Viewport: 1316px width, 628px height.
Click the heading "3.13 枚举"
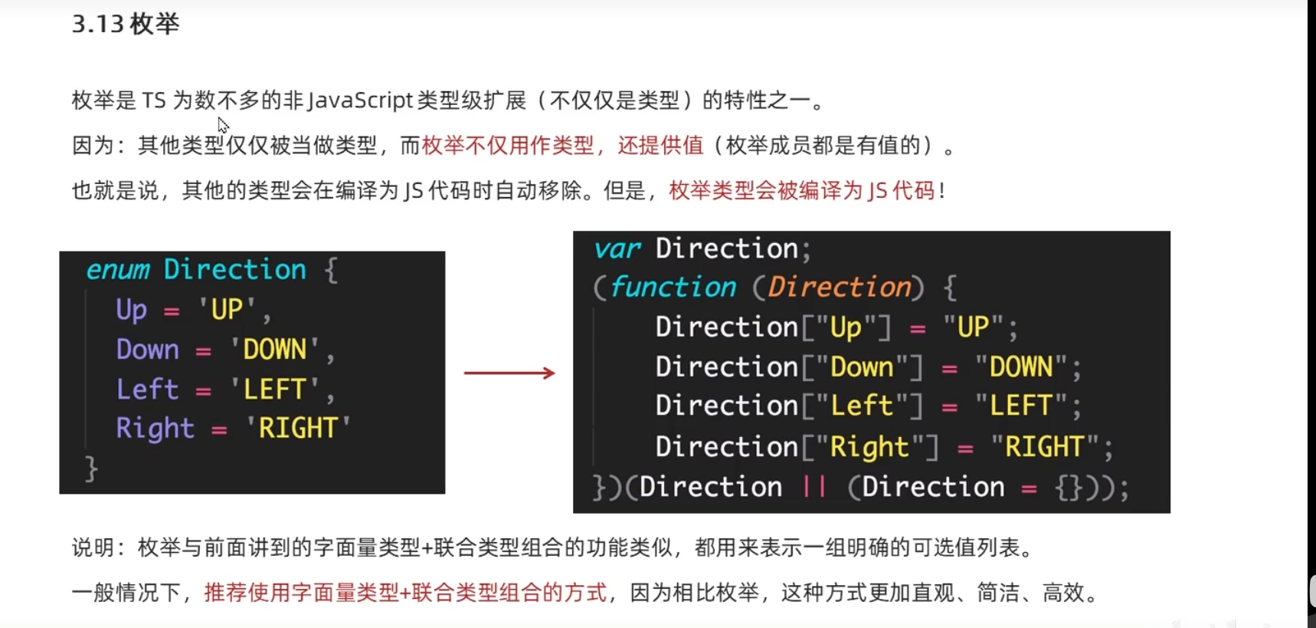tap(126, 25)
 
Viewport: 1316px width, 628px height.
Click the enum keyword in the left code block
tap(118, 270)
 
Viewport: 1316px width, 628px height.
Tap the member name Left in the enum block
tap(147, 390)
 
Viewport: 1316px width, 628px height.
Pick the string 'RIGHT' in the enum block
tap(298, 428)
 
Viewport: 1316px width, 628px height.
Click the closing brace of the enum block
tap(91, 468)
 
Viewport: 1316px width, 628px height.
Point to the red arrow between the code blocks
tap(509, 373)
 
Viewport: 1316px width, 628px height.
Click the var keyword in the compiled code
tap(617, 249)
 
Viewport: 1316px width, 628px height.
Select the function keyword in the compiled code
tap(673, 288)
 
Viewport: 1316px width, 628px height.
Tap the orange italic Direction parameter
tap(840, 288)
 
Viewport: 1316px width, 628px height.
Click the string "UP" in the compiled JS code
tap(973, 327)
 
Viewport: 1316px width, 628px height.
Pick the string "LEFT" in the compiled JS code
tap(1020, 406)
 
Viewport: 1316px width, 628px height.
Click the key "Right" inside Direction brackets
tap(869, 446)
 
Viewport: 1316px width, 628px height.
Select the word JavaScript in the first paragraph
tap(361, 100)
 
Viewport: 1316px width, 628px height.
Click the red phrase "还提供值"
tap(660, 146)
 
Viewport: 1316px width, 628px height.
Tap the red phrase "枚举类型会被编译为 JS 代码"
tap(802, 191)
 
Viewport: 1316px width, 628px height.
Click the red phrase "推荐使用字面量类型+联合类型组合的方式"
tap(405, 593)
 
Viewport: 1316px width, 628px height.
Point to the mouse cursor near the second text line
tap(222, 124)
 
